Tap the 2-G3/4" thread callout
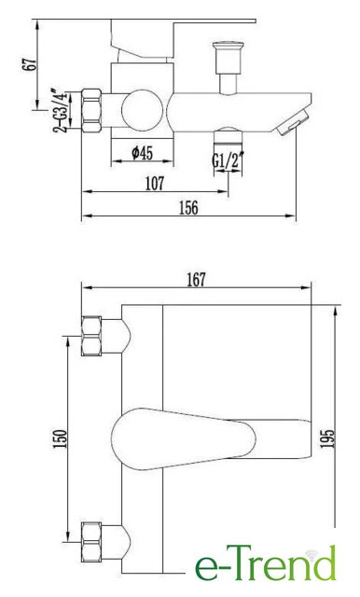60,110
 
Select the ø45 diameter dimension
143,153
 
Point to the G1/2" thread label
228,160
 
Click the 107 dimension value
155,183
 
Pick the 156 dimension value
188,207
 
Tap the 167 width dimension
197,280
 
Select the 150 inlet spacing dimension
60,438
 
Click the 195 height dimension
326,438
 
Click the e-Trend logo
266,562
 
